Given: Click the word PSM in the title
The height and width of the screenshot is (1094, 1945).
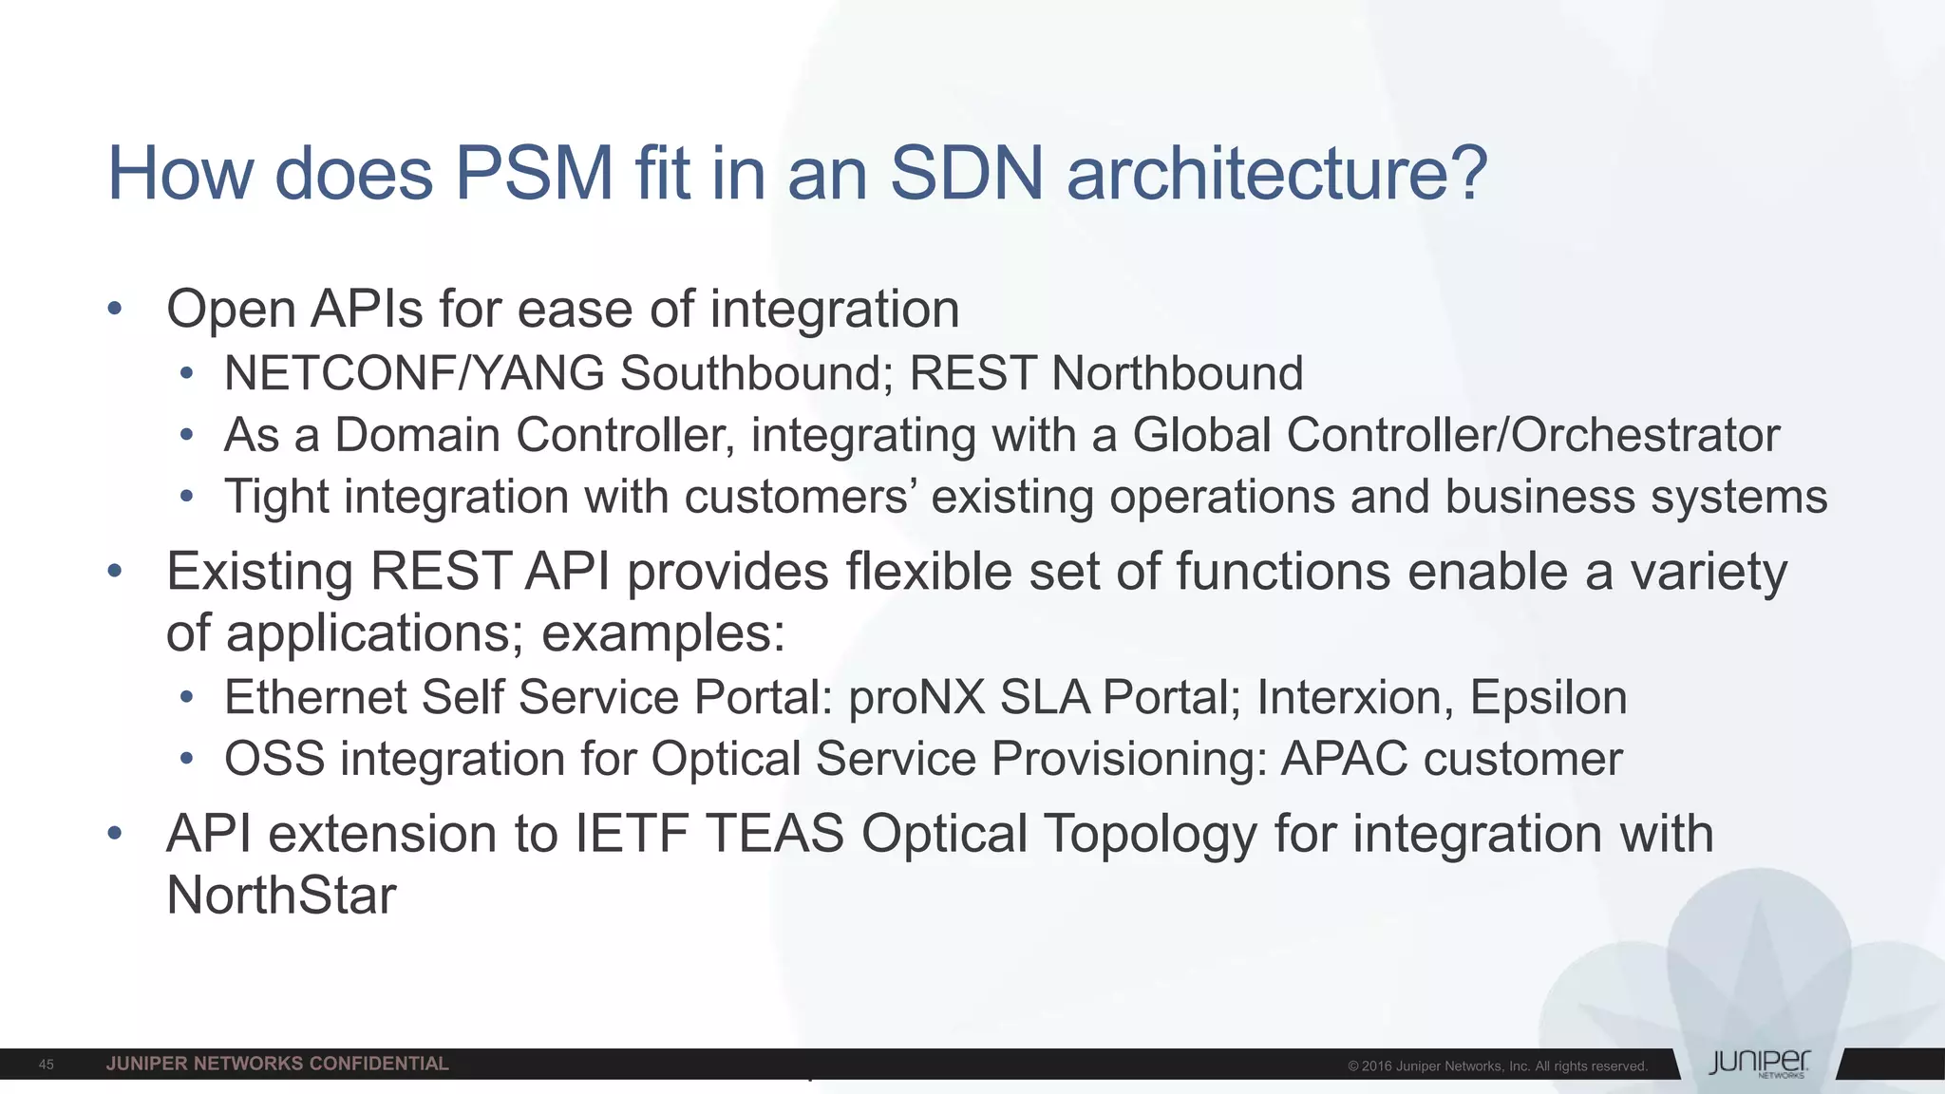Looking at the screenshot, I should pyautogui.click(x=535, y=173).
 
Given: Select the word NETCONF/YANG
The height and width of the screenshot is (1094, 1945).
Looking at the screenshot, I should pyautogui.click(x=414, y=373).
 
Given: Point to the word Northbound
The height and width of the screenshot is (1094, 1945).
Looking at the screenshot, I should pyautogui.click(x=1177, y=373).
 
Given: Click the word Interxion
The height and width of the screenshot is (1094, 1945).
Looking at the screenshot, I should pyautogui.click(x=1355, y=697).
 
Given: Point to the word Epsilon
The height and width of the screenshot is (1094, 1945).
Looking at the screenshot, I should pyautogui.click(x=1549, y=697).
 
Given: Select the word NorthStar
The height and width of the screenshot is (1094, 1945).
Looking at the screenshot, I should pyautogui.click(x=281, y=896).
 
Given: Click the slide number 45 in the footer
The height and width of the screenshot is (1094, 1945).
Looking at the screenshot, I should pyautogui.click(x=47, y=1066).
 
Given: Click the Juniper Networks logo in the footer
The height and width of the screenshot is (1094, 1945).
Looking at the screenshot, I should pyautogui.click(x=1759, y=1064).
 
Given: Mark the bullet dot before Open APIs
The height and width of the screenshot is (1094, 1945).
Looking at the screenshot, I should pyautogui.click(x=115, y=309).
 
